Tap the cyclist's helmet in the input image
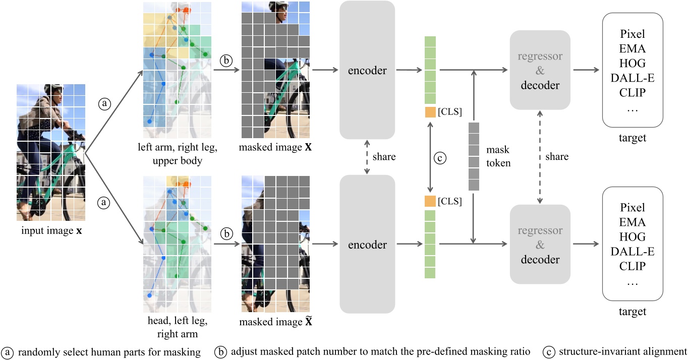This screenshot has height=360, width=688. [57, 91]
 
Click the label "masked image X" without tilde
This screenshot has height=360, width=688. [273, 149]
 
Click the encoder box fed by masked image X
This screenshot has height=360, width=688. [367, 70]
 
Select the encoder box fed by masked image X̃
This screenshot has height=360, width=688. [367, 245]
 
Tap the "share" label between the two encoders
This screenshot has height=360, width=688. [384, 157]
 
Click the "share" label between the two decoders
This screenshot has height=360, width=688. [557, 157]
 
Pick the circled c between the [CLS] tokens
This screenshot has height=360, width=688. [440, 157]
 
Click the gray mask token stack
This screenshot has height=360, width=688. [474, 156]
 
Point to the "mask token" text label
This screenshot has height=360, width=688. [498, 156]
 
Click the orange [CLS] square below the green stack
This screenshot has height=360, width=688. [430, 112]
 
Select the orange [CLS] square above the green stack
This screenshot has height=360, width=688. [430, 202]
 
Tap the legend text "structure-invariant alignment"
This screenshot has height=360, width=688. [622, 351]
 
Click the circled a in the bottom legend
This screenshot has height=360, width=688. [8, 351]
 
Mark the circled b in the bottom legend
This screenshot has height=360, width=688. [220, 351]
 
